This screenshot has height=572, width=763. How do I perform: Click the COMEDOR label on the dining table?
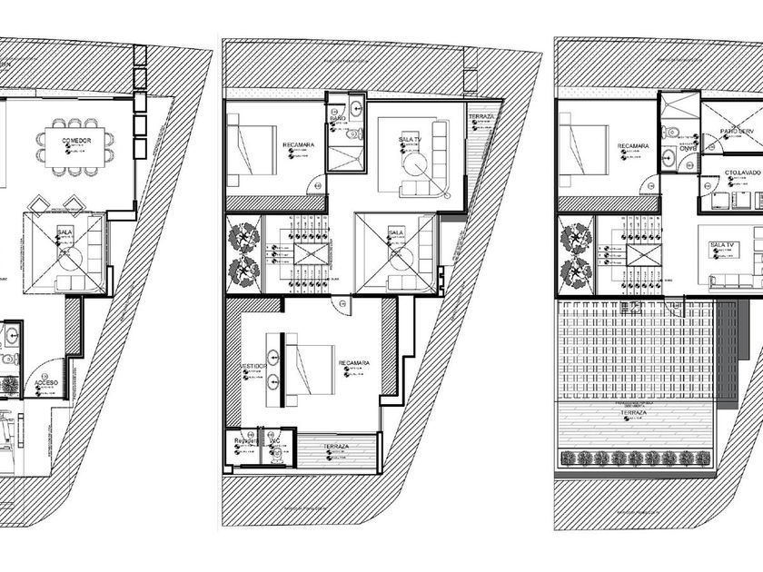tap(76, 141)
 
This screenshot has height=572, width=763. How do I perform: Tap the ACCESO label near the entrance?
tap(46, 383)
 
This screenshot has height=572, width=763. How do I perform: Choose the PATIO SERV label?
tap(737, 132)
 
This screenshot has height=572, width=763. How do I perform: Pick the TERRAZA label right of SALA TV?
tap(481, 118)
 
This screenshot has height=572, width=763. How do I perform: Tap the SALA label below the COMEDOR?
tap(64, 232)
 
